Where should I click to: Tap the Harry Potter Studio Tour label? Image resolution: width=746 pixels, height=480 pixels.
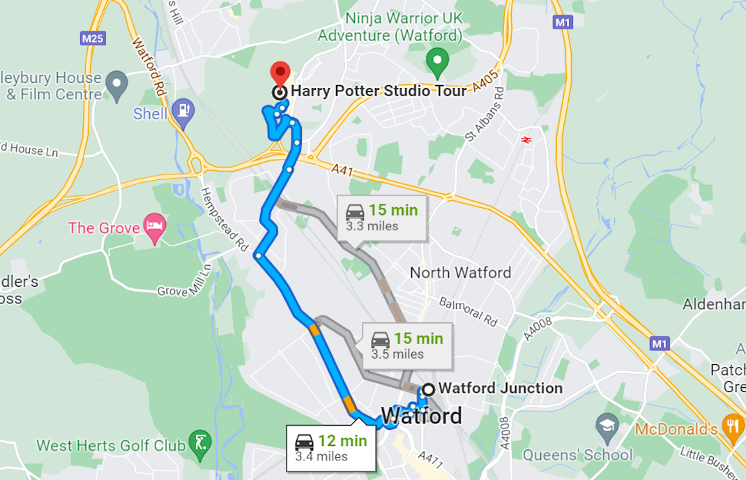378,91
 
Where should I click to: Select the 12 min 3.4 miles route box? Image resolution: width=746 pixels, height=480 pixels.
331,448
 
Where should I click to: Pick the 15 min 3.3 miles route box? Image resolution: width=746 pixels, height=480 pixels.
382,217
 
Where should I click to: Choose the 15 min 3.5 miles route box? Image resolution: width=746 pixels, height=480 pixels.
407,345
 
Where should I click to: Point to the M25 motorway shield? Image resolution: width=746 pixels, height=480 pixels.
93,38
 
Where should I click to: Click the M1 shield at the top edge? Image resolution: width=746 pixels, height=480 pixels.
563,22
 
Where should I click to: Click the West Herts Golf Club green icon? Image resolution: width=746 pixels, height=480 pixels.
200,441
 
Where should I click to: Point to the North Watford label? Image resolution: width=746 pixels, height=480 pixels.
460,273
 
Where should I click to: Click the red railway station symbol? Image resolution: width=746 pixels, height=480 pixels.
526,140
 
